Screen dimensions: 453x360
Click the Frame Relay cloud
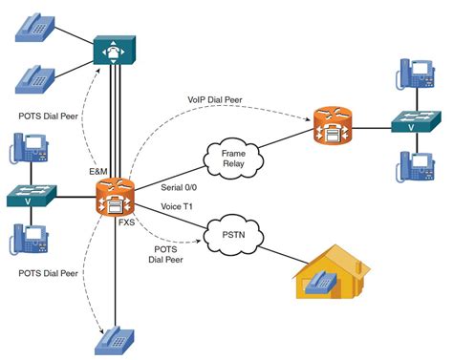233,159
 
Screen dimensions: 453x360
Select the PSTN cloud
233,235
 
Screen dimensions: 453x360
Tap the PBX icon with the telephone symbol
115,50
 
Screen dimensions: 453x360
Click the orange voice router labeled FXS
115,198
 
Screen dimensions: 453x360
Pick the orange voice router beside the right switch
333,125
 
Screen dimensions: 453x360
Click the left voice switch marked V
32,196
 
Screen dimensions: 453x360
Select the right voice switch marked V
417,121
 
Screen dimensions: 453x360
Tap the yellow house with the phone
332,272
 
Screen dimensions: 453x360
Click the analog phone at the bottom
115,341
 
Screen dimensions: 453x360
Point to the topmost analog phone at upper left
35,28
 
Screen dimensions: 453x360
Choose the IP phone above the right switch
415,73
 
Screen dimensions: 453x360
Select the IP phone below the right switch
415,166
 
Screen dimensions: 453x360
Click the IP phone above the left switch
29,148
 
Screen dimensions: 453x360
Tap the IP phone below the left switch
29,240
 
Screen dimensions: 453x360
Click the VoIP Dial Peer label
215,99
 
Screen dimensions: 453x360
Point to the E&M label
98,172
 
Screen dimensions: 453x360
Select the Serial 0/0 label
179,187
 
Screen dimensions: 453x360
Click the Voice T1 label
177,206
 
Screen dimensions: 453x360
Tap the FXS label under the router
127,222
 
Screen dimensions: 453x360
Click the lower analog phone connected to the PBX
35,79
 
